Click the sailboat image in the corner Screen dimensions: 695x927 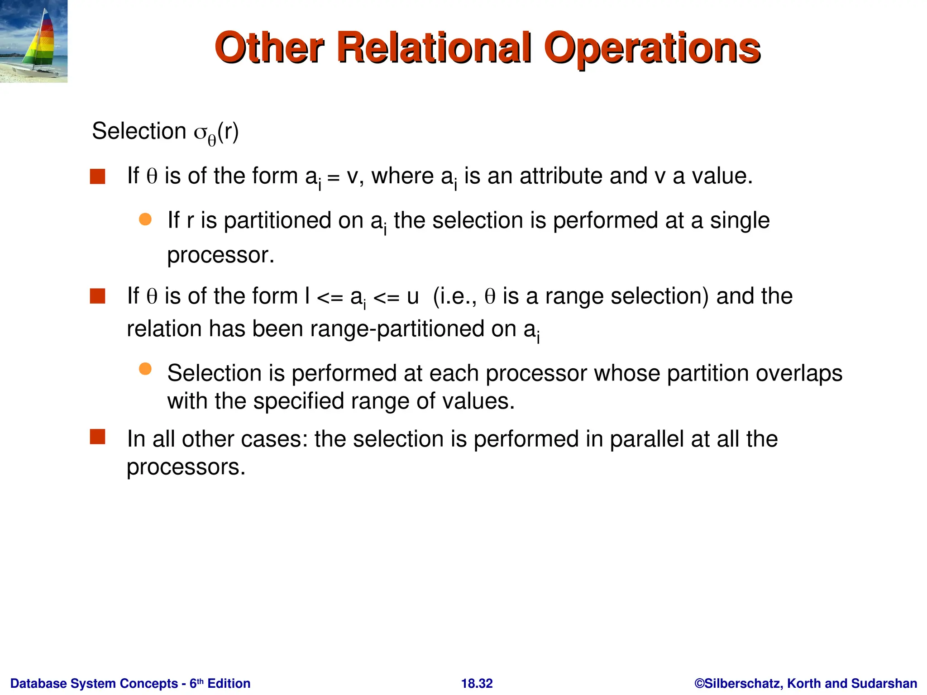tap(34, 41)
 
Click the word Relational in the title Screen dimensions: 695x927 tap(434, 48)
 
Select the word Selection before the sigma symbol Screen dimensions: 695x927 tap(139, 131)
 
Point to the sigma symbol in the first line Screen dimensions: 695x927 tap(200, 133)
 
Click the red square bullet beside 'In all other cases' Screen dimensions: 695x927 tap(98, 437)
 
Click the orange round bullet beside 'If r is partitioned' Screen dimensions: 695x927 tap(145, 219)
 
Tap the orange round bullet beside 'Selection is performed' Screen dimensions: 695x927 tap(145, 369)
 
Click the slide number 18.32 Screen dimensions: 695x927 tap(477, 683)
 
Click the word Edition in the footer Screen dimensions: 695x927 tap(229, 683)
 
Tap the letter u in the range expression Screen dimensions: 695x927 tap(412, 297)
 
